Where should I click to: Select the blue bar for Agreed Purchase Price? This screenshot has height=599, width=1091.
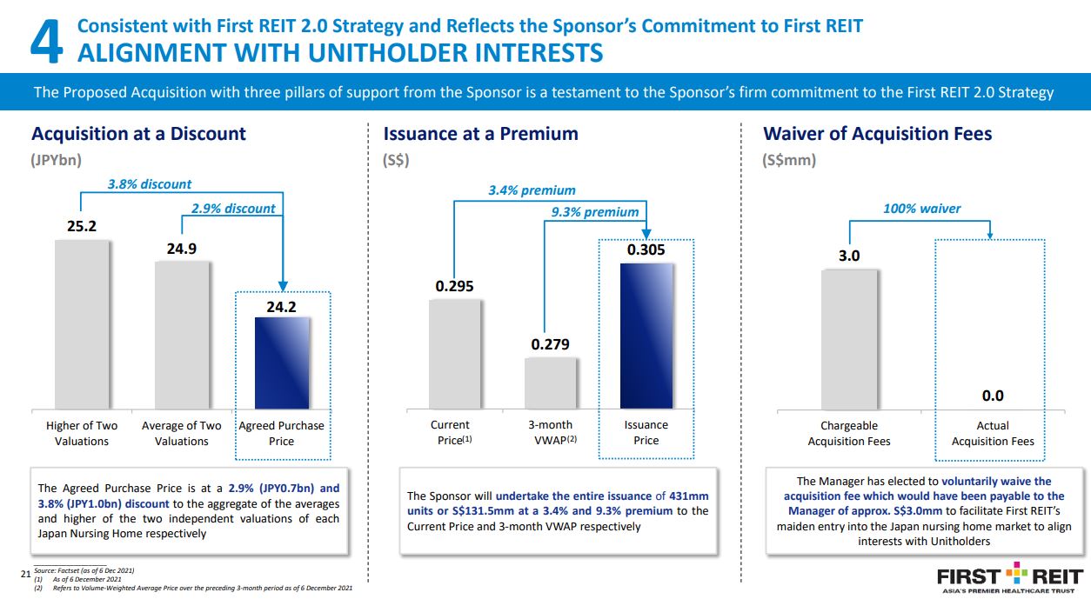point(282,363)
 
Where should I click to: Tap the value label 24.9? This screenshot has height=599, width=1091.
point(182,249)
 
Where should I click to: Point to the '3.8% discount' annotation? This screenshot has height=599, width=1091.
point(149,184)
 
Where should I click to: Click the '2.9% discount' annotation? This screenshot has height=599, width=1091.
point(232,209)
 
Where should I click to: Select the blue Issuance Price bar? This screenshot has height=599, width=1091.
point(646,336)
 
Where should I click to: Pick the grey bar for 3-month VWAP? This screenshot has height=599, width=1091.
point(551,383)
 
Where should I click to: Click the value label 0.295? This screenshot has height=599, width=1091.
point(453,286)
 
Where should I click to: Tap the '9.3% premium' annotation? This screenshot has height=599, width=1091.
point(594,212)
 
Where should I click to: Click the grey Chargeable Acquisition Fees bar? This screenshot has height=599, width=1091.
point(849,338)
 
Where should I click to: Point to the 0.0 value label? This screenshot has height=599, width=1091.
point(993,396)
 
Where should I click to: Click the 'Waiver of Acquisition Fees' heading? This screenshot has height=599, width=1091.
point(877,134)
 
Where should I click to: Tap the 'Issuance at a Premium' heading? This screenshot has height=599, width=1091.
point(480,134)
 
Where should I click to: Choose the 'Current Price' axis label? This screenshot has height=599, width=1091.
point(451,433)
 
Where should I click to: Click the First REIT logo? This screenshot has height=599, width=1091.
point(1009,578)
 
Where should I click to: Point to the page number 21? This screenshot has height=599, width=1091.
point(24,573)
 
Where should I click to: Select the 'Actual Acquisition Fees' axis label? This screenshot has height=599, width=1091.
point(993,433)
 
